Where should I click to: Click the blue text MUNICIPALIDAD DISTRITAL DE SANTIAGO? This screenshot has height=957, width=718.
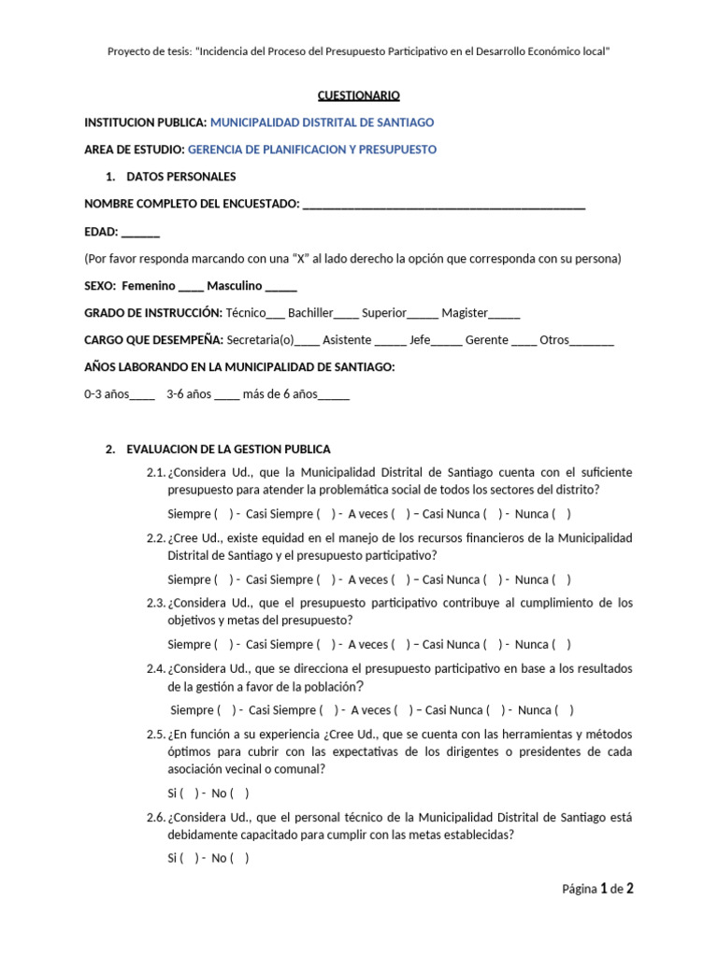pos(322,122)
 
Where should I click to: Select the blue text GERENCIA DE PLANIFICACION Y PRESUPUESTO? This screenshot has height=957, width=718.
pos(312,150)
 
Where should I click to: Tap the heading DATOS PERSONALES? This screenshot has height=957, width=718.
pos(181,177)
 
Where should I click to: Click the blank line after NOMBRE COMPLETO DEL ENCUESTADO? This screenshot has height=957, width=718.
pos(444,206)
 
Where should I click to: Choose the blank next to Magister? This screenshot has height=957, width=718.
pos(505,315)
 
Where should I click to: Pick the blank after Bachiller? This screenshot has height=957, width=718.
pos(346,315)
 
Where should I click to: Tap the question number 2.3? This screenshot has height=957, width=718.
pos(156,603)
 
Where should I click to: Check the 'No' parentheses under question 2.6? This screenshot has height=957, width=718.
pos(239,859)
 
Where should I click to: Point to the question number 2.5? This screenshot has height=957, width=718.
pos(156,735)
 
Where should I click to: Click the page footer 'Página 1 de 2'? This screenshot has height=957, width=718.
pos(597,889)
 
